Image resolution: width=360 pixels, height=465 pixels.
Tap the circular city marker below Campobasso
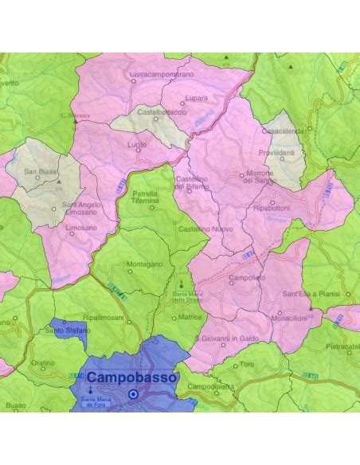(133, 393)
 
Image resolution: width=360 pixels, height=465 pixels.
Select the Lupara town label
(196, 99)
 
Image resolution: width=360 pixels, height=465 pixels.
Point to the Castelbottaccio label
(162, 112)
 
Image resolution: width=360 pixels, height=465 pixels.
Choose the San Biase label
(39, 171)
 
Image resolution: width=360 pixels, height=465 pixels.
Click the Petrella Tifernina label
(145, 197)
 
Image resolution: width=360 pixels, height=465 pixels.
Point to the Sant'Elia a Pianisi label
(310, 295)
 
